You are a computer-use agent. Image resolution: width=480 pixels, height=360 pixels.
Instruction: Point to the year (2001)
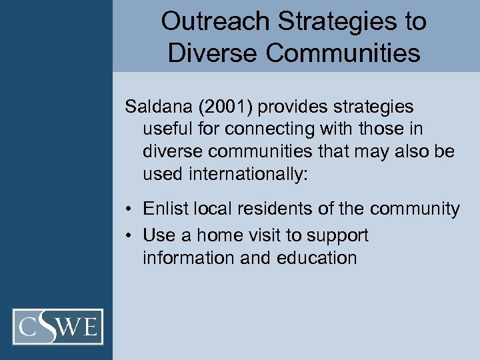click(x=235, y=107)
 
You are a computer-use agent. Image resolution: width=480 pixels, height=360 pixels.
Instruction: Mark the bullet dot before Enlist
click(x=129, y=210)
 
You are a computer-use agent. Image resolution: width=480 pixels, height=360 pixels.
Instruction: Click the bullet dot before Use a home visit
click(x=129, y=236)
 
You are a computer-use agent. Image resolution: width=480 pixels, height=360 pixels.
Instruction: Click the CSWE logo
click(x=58, y=327)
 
